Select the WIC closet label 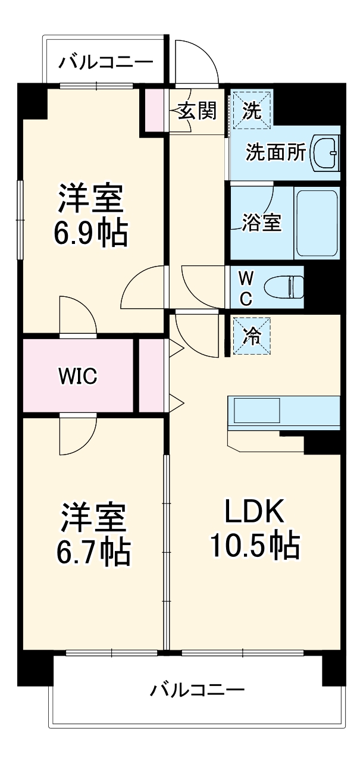click(77, 376)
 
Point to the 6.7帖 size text click(93, 553)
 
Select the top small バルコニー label click(106, 61)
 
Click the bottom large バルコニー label click(197, 690)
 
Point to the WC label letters click(245, 288)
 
